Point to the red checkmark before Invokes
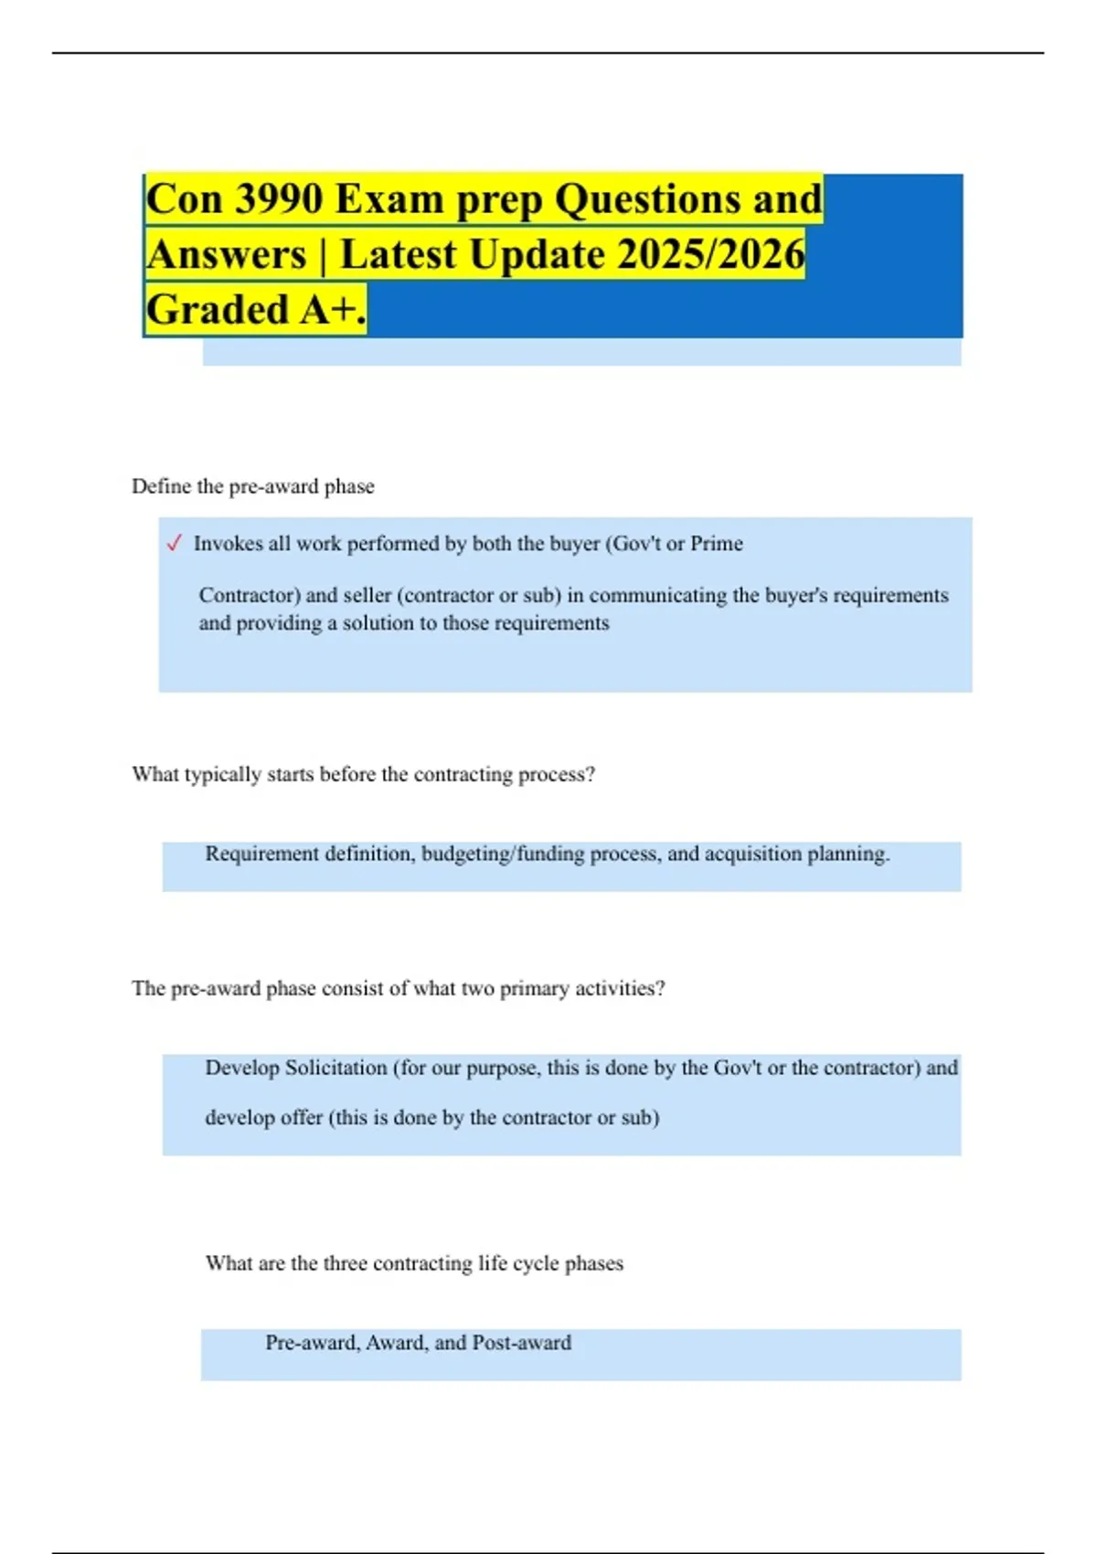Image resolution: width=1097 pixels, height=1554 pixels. coord(175,544)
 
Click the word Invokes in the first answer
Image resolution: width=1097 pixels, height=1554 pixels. coord(228,544)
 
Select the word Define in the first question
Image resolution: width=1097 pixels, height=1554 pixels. coord(161,486)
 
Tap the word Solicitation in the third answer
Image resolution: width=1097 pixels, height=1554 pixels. coord(335,1068)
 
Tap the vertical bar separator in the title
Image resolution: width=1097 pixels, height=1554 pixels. coord(323,255)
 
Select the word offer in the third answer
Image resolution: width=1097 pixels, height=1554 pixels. coord(300,1118)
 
